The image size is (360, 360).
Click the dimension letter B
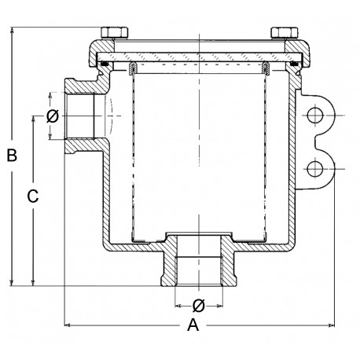coord(12,156)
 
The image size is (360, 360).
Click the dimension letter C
coord(33,197)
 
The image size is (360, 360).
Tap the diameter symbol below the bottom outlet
coord(199,305)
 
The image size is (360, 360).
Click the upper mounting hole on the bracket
coord(316,116)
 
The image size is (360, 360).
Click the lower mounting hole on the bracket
coord(316,167)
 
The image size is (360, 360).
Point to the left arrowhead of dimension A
coord(66,323)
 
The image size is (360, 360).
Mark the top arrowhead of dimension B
coord(13,31)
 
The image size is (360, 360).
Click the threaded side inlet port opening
coord(80,117)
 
